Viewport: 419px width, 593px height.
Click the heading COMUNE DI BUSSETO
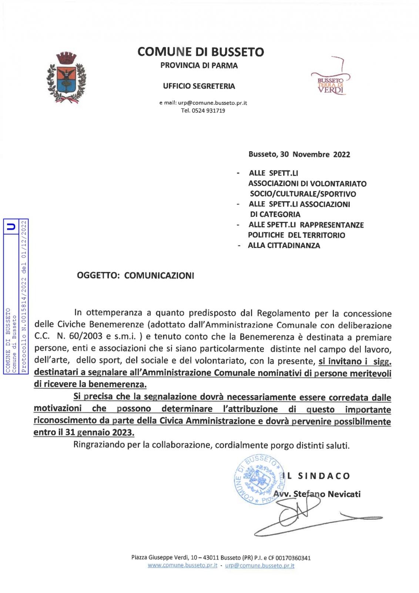(201, 52)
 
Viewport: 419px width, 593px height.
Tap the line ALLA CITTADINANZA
(284, 245)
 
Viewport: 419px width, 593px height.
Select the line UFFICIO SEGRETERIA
(199, 86)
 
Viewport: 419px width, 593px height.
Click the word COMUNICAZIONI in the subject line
(159, 276)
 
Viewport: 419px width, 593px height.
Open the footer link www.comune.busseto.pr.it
(182, 566)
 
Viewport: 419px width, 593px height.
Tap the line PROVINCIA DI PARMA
(199, 66)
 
